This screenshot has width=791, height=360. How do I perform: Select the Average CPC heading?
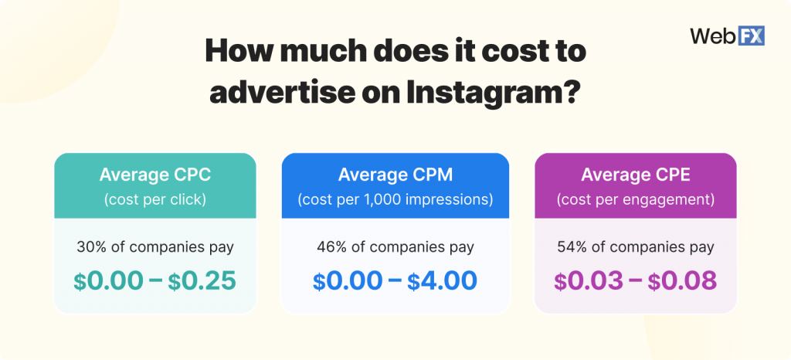(154, 175)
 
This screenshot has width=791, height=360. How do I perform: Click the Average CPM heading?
(395, 175)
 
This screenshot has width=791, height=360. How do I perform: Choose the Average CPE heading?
(635, 175)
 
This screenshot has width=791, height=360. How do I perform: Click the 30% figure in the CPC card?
(91, 248)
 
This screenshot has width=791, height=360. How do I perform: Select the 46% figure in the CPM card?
(331, 248)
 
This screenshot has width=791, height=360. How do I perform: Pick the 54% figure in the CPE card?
(571, 248)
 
